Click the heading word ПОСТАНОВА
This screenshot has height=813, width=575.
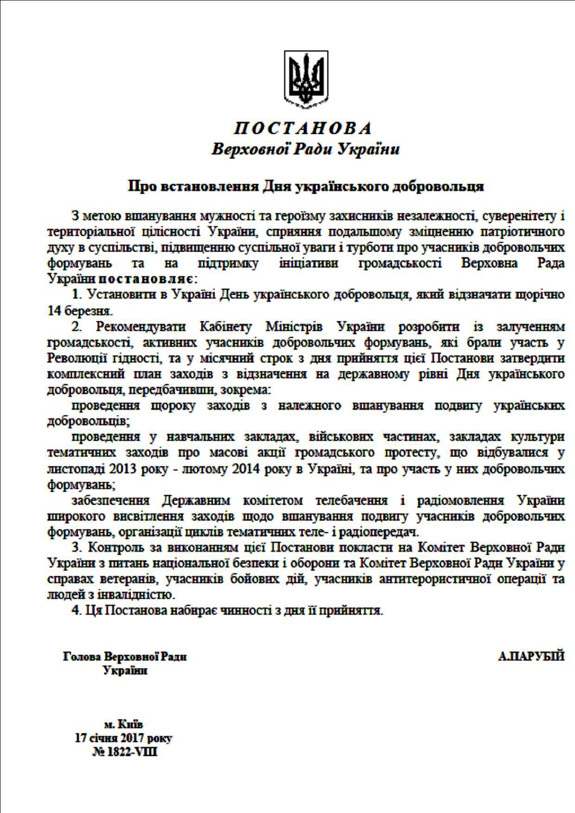(x=303, y=128)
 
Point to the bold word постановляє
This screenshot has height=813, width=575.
(x=146, y=279)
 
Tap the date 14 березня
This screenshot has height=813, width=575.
(x=79, y=310)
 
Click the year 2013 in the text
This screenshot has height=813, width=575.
(x=122, y=469)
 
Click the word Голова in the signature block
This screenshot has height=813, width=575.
(x=83, y=657)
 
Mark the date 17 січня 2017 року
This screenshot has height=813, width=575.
(x=123, y=738)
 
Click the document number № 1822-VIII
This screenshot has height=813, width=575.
(x=124, y=751)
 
